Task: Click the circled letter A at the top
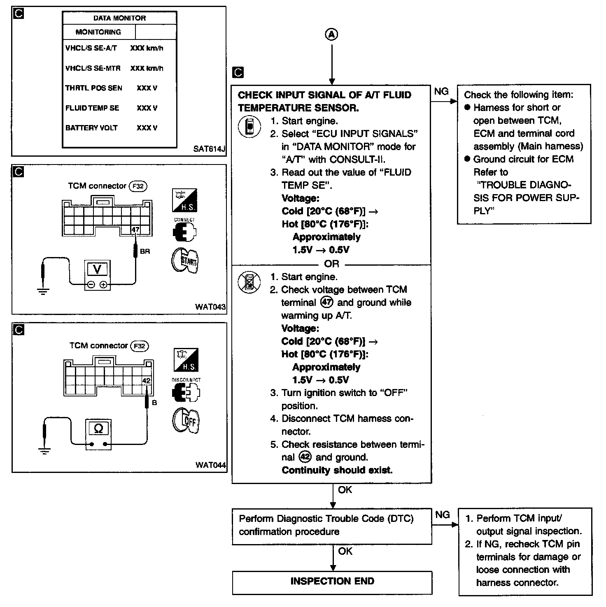point(332,35)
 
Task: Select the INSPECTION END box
point(332,582)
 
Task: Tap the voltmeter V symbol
point(98,269)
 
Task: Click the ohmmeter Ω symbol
point(98,429)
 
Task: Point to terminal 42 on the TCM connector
point(146,381)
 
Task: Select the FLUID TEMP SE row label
point(92,108)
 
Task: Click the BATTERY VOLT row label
point(91,128)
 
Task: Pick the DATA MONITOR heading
point(119,18)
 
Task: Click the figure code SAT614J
point(209,149)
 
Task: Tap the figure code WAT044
point(211,465)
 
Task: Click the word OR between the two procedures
point(332,264)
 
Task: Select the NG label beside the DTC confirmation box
point(443,514)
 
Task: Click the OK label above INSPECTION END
point(345,551)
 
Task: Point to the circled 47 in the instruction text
point(327,303)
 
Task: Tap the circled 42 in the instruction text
point(305,457)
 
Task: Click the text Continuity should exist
point(337,470)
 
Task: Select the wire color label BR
point(145,251)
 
